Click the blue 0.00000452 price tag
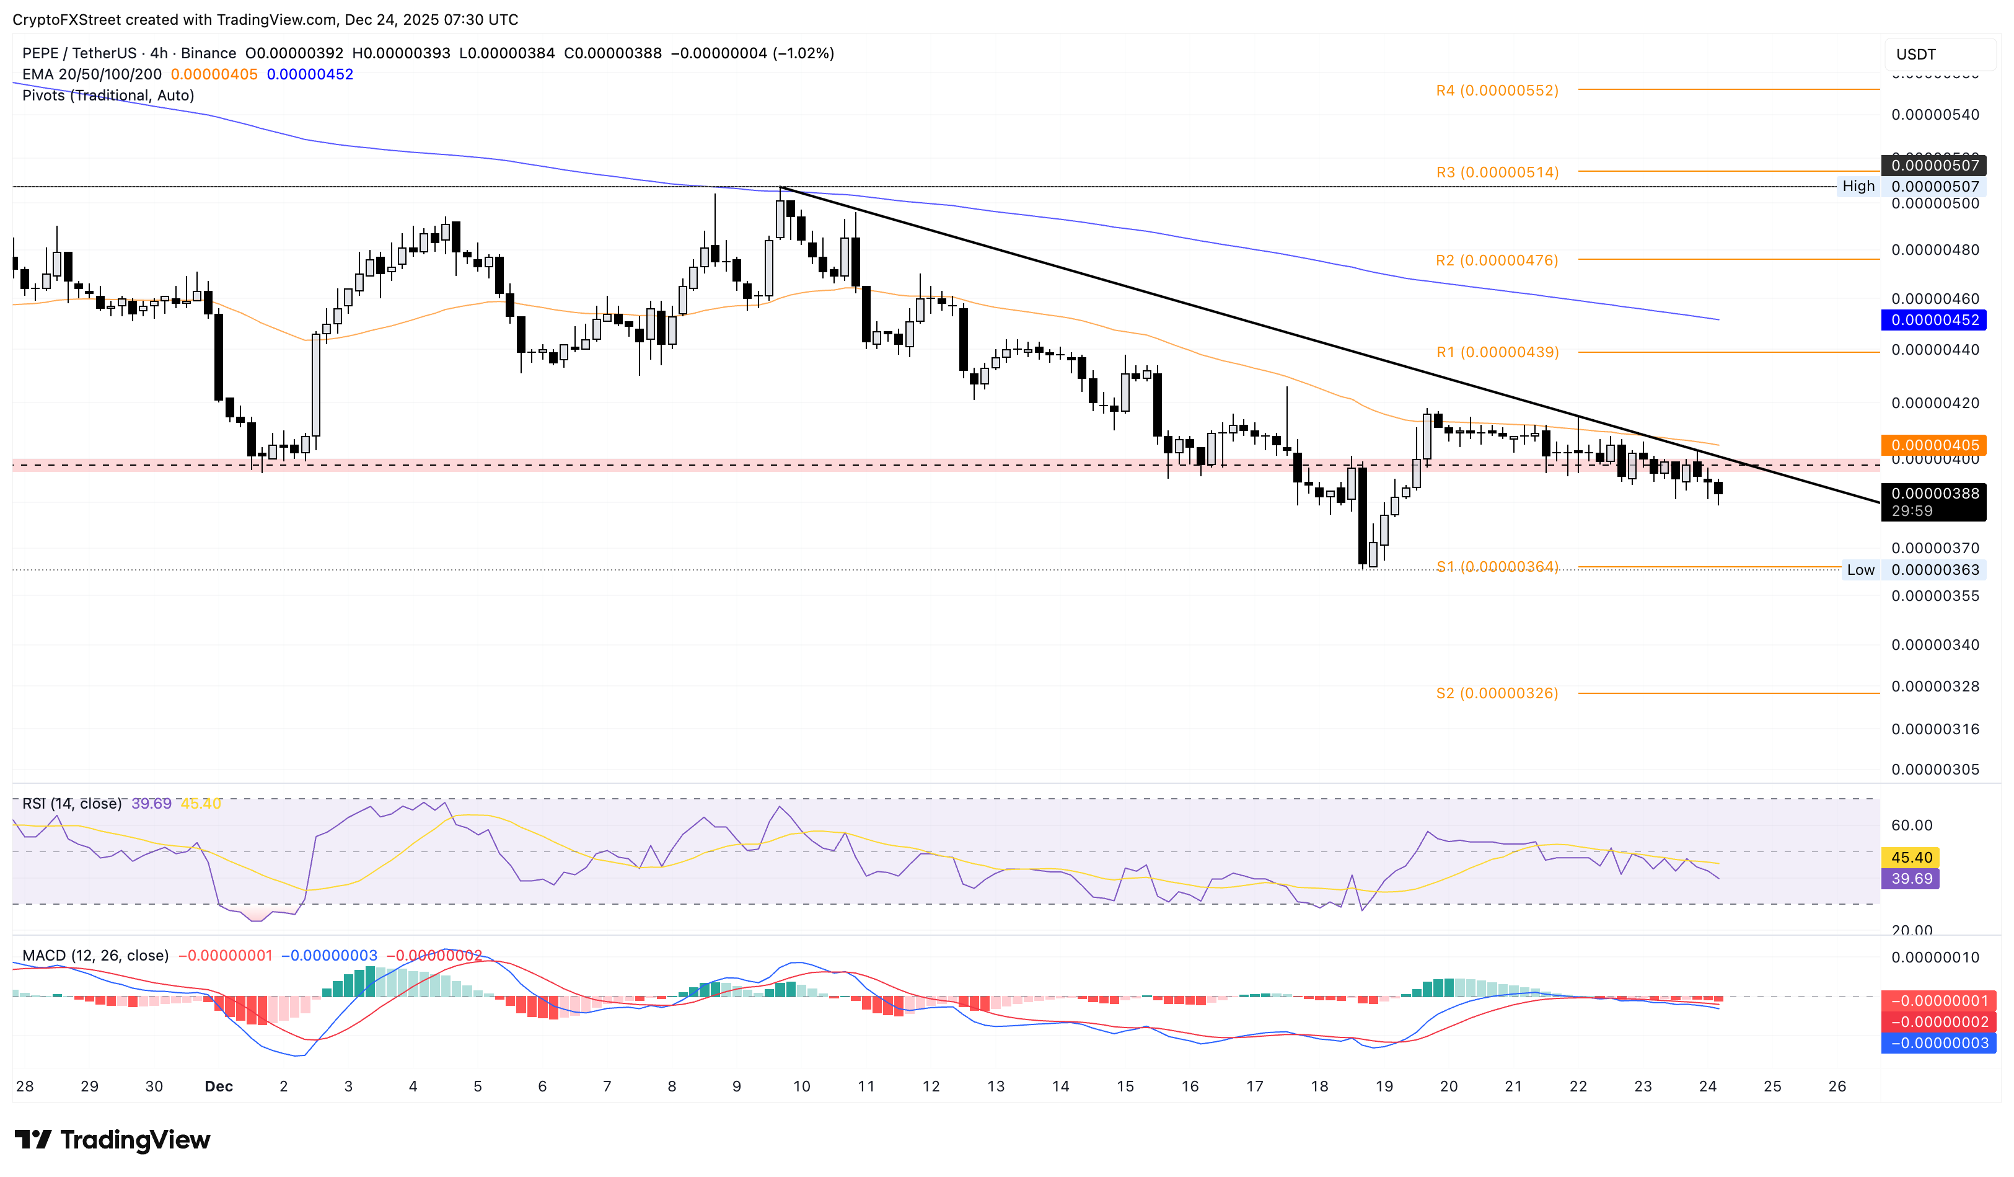(1934, 320)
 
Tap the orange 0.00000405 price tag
(1934, 445)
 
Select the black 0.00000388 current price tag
(1934, 494)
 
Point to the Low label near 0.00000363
(1860, 570)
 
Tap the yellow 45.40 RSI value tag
(1911, 857)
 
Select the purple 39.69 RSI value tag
(1911, 879)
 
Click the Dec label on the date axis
(218, 1086)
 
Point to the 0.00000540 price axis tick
(1934, 114)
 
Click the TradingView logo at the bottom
(113, 1139)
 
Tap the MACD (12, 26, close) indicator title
(95, 956)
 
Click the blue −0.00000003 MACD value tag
(1939, 1042)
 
